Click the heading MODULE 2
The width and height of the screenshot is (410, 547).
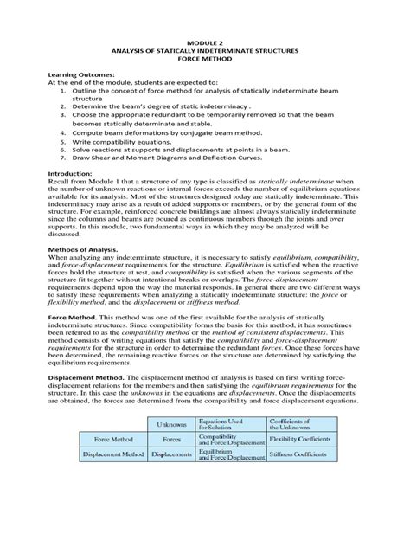(x=205, y=42)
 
